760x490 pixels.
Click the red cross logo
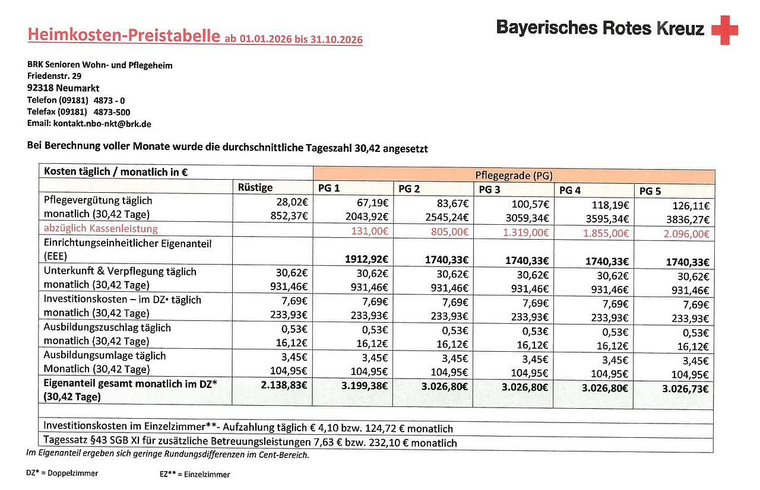[724, 30]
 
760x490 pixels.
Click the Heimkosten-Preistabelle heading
[123, 35]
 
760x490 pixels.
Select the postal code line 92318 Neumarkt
[63, 88]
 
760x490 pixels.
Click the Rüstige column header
[255, 187]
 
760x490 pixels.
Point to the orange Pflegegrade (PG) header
[513, 175]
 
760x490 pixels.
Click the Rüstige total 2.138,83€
[283, 386]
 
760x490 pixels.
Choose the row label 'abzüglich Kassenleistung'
[100, 228]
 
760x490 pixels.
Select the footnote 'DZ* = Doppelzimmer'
[62, 473]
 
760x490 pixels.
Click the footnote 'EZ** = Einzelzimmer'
[191, 474]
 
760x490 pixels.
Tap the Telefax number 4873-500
[112, 112]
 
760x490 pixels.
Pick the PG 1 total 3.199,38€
[363, 386]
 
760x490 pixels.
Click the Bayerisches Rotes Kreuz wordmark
[600, 28]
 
